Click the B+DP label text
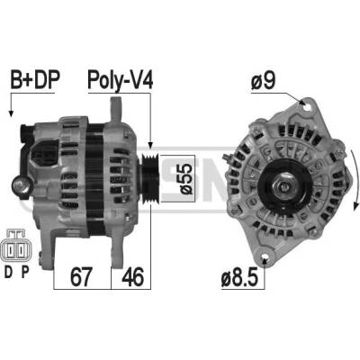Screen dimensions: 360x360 (x=35, y=80)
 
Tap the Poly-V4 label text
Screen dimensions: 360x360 (x=121, y=80)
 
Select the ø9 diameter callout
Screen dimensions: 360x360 (x=264, y=81)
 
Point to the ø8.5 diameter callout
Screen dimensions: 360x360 (x=239, y=279)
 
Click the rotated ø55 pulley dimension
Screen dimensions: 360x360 (x=185, y=179)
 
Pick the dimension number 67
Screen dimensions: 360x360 (x=80, y=277)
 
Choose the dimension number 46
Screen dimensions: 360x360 (x=132, y=277)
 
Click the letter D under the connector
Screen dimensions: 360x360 (x=9, y=272)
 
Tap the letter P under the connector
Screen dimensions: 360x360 (x=25, y=272)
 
